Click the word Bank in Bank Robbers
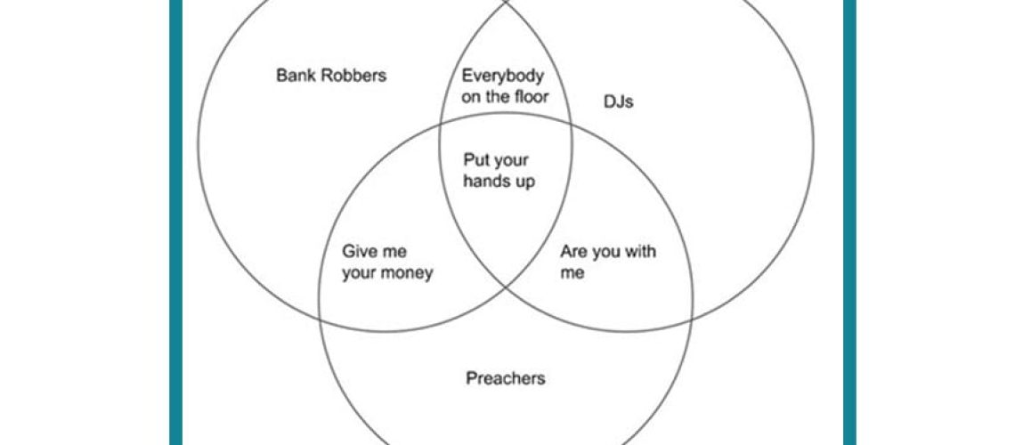click(295, 76)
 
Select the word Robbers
click(352, 76)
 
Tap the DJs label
click(618, 101)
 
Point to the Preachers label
click(506, 377)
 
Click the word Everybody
click(502, 77)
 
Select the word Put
click(475, 160)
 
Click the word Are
click(573, 252)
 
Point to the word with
click(639, 251)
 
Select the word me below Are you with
click(572, 273)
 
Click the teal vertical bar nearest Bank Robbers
click(175, 222)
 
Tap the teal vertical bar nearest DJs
click(850, 222)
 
